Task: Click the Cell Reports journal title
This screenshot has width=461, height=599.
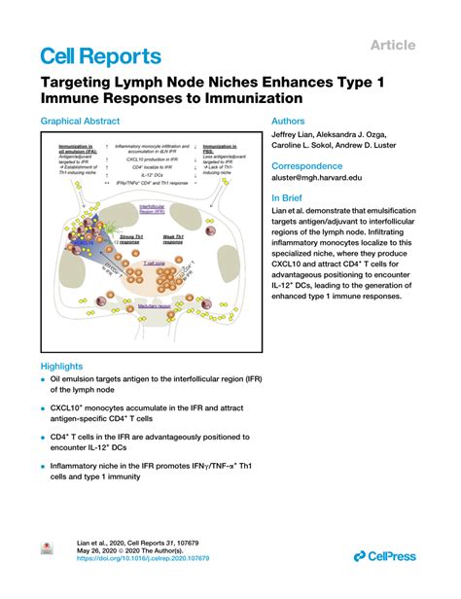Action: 101,56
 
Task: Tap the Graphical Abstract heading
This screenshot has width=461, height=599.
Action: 80,122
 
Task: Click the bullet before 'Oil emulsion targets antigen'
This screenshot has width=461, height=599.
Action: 43,380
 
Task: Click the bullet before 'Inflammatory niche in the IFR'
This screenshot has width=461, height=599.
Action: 43,468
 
